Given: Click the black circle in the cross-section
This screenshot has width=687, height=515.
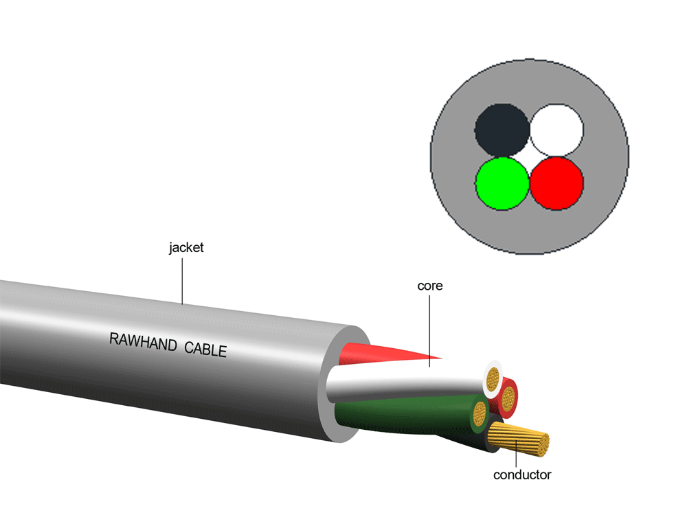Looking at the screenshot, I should coord(502,130).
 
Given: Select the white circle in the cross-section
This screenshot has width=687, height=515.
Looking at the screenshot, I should coord(556,130).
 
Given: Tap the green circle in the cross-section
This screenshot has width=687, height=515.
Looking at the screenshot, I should coord(502,183).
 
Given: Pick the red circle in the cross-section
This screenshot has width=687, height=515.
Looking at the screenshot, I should coord(556,183).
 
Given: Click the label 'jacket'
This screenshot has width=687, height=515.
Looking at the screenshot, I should coord(186,248).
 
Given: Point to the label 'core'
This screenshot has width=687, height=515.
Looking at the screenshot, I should coord(430,286).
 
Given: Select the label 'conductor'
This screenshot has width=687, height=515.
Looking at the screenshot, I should coord(522,474).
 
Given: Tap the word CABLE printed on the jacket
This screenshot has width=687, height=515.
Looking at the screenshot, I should coord(205,349).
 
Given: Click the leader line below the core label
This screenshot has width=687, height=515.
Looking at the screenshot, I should coord(430,330).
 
